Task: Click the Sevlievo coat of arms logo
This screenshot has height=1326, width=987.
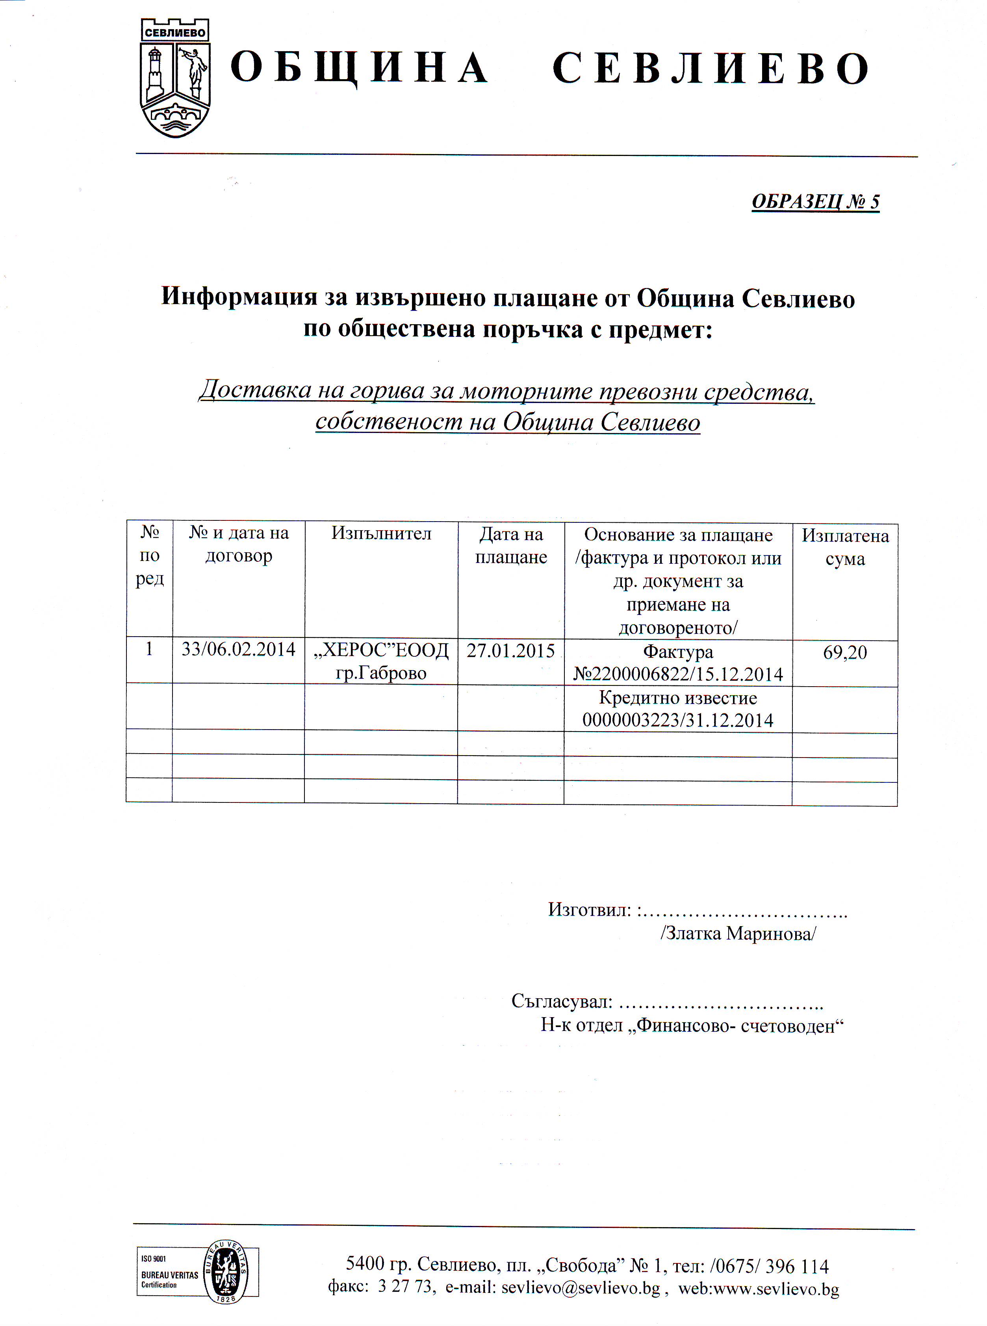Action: point(175,78)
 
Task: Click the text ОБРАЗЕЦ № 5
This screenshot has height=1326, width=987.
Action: point(815,202)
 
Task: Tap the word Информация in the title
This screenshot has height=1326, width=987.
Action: point(239,297)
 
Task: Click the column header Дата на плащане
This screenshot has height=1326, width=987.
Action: point(511,545)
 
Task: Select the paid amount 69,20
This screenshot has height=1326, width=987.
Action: point(845,652)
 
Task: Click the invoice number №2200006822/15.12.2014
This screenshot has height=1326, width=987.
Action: point(678,674)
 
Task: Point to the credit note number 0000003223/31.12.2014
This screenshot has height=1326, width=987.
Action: point(678,720)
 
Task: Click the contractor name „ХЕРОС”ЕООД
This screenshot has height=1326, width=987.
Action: point(381,650)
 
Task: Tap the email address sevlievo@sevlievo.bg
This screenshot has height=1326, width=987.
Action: point(580,1287)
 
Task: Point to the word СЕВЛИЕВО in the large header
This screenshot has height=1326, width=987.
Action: point(711,68)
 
